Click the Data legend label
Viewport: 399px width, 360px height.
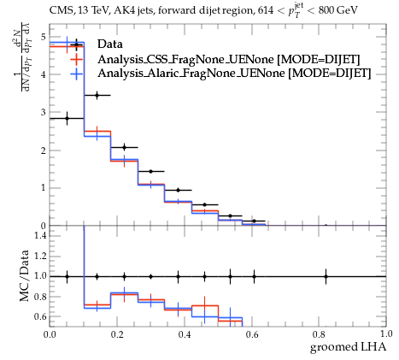(110, 44)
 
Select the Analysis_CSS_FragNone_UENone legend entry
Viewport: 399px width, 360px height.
(229, 60)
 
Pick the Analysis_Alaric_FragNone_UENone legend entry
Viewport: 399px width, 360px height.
(234, 74)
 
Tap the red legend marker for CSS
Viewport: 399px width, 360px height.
(76, 59)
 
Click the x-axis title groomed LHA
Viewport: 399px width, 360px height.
(348, 347)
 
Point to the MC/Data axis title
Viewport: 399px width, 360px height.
(24, 275)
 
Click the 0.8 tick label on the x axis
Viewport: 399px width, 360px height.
(319, 334)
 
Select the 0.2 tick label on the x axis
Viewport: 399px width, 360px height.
(117, 334)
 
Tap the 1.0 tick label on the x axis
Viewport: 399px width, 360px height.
(386, 334)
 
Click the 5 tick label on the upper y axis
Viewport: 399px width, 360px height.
(44, 37)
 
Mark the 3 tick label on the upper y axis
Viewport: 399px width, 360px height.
(44, 112)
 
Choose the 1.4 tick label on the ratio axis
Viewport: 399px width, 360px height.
(41, 235)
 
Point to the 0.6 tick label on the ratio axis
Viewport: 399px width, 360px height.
(41, 316)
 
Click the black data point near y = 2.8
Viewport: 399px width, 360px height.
(67, 118)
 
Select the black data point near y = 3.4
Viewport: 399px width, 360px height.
(97, 95)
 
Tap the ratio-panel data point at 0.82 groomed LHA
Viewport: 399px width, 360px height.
(326, 276)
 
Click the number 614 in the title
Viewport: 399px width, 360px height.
(265, 11)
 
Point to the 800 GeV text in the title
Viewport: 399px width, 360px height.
(337, 11)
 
